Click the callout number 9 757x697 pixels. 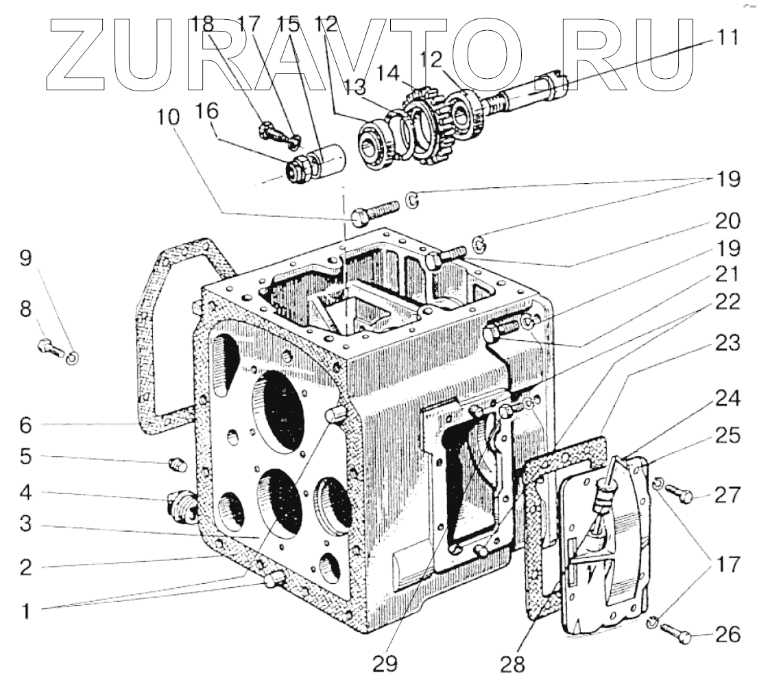[x=25, y=259]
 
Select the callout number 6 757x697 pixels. [x=25, y=425]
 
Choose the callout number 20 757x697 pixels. [x=728, y=221]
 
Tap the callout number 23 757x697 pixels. [x=728, y=344]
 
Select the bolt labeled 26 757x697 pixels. [x=679, y=635]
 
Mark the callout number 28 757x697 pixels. [x=514, y=664]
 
